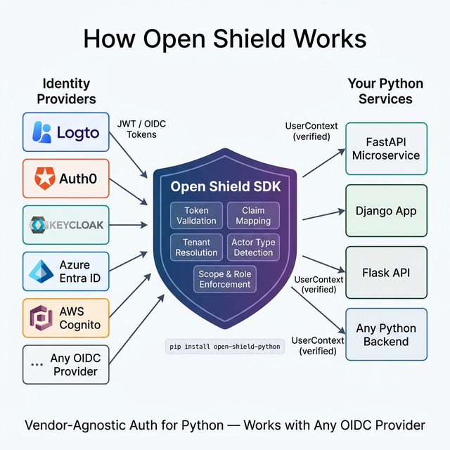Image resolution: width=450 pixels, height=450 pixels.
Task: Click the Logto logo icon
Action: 41,131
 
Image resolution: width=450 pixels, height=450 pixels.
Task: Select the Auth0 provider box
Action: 66,178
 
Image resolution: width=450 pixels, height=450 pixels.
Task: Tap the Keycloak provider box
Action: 66,225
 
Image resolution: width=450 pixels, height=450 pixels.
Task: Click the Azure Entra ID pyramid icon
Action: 41,271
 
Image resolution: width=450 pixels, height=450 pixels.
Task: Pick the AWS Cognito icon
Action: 41,318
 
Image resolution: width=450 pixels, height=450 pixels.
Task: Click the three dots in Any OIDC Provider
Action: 37,365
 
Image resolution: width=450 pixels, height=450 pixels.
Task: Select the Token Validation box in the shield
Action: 196,215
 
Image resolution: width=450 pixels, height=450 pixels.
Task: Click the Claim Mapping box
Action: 253,215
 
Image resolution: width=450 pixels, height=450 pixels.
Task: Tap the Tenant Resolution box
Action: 196,247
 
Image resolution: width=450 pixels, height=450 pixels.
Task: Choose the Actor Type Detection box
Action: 253,247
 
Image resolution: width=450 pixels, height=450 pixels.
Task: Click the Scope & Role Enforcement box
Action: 224,278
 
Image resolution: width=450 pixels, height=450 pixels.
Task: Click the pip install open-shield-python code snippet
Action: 224,347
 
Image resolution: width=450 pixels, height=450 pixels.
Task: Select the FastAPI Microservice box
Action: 386,148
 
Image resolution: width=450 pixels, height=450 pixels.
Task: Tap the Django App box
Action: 386,210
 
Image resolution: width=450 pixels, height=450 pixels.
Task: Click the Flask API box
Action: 386,272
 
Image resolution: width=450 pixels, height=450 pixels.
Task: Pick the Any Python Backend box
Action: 386,334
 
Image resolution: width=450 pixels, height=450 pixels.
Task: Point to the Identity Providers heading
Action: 66,91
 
